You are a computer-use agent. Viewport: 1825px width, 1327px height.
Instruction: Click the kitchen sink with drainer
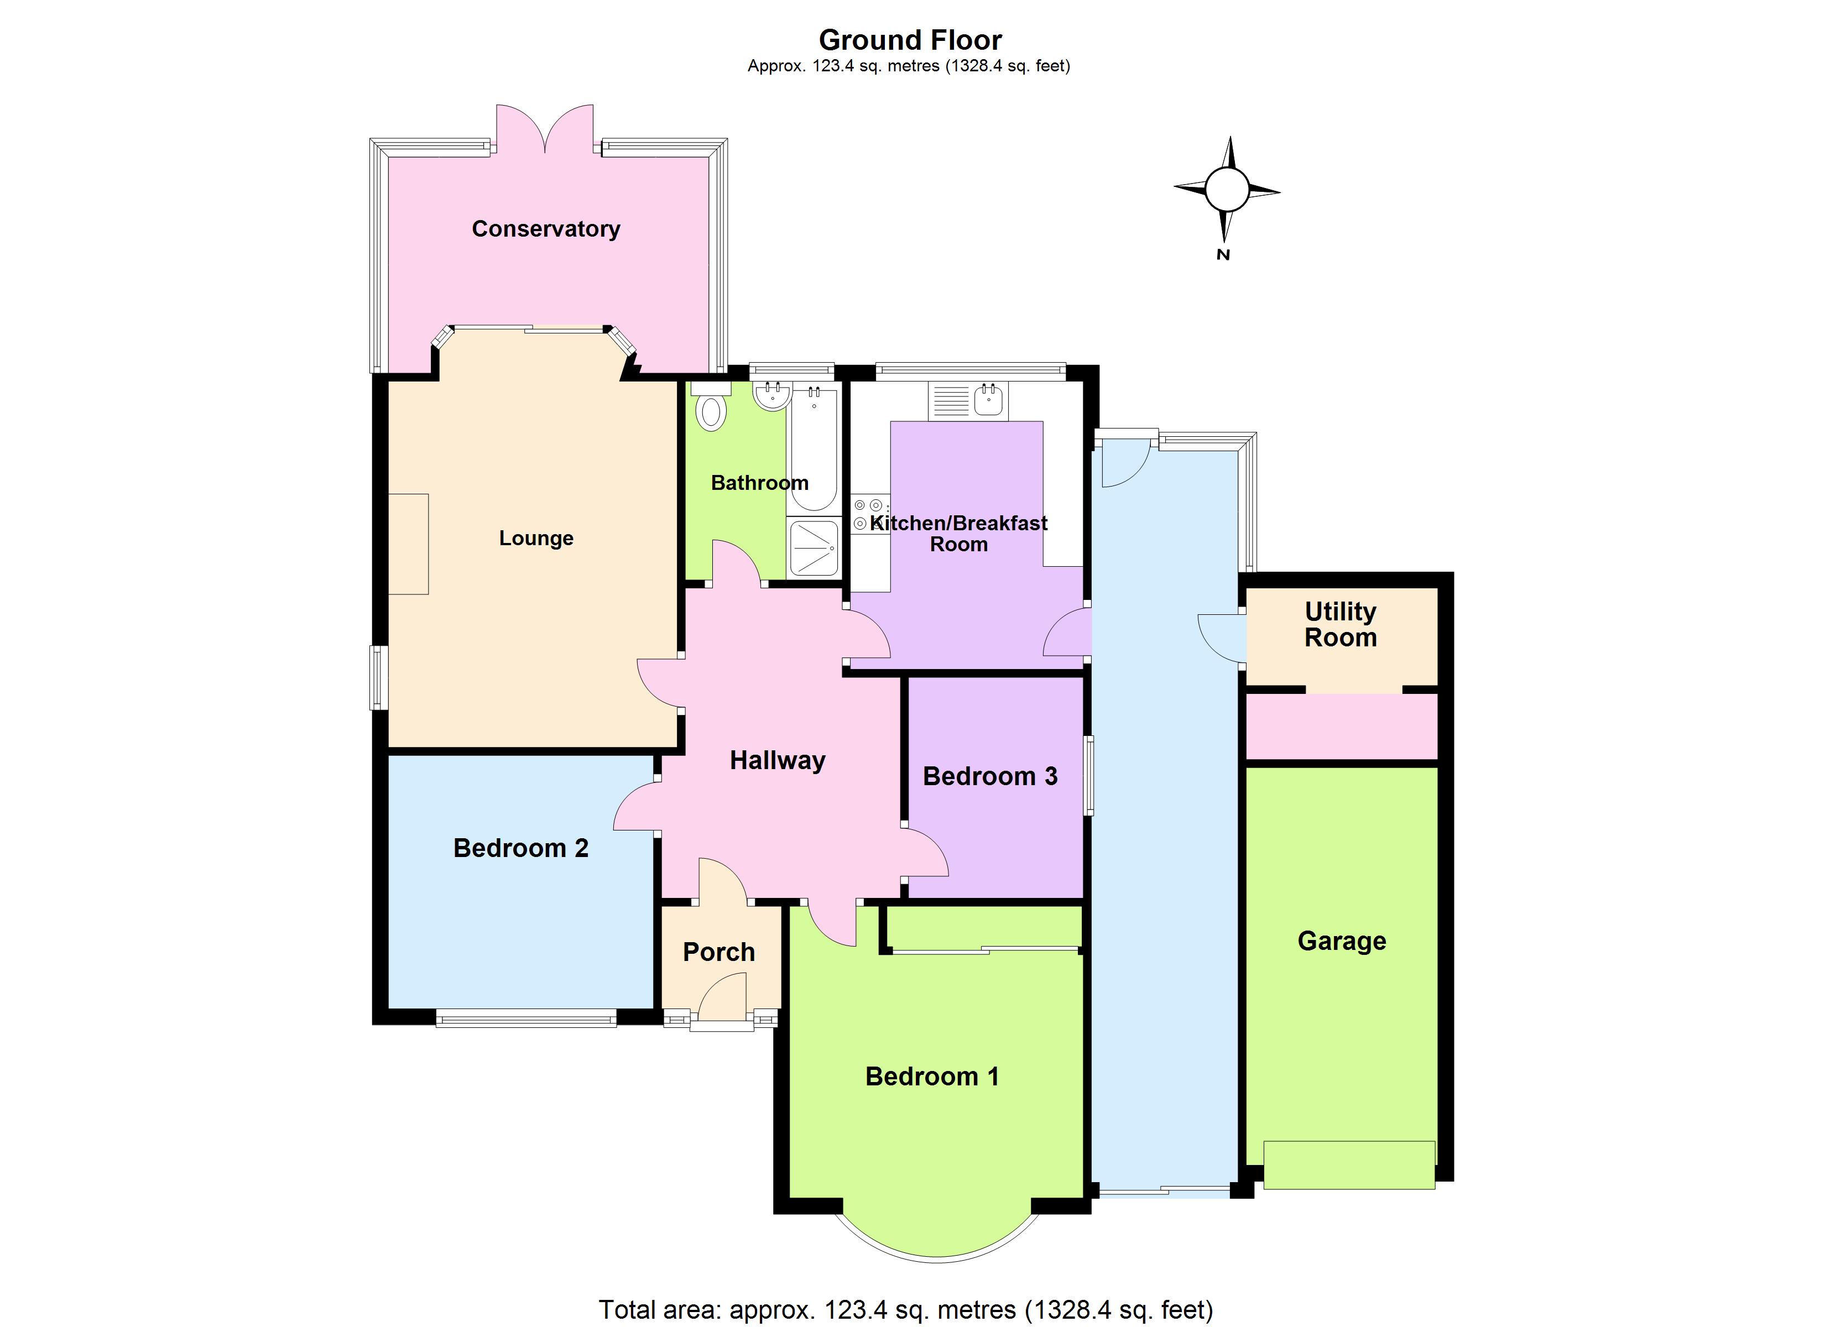967,401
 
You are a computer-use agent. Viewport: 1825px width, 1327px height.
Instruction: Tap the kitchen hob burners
869,514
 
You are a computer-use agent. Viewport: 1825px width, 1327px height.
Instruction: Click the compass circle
1226,190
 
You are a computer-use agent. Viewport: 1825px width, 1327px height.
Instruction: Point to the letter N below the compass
1223,255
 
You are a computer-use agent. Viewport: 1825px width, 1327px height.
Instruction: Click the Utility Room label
1340,624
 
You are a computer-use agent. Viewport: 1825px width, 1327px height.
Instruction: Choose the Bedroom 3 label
990,776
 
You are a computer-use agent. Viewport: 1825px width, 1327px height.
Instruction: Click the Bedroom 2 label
520,848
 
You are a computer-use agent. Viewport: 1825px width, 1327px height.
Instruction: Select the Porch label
718,952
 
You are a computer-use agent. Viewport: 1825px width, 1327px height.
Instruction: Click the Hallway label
778,760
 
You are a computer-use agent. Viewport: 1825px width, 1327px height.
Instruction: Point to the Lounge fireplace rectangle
409,544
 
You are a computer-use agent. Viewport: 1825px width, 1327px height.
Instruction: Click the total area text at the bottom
905,1309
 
